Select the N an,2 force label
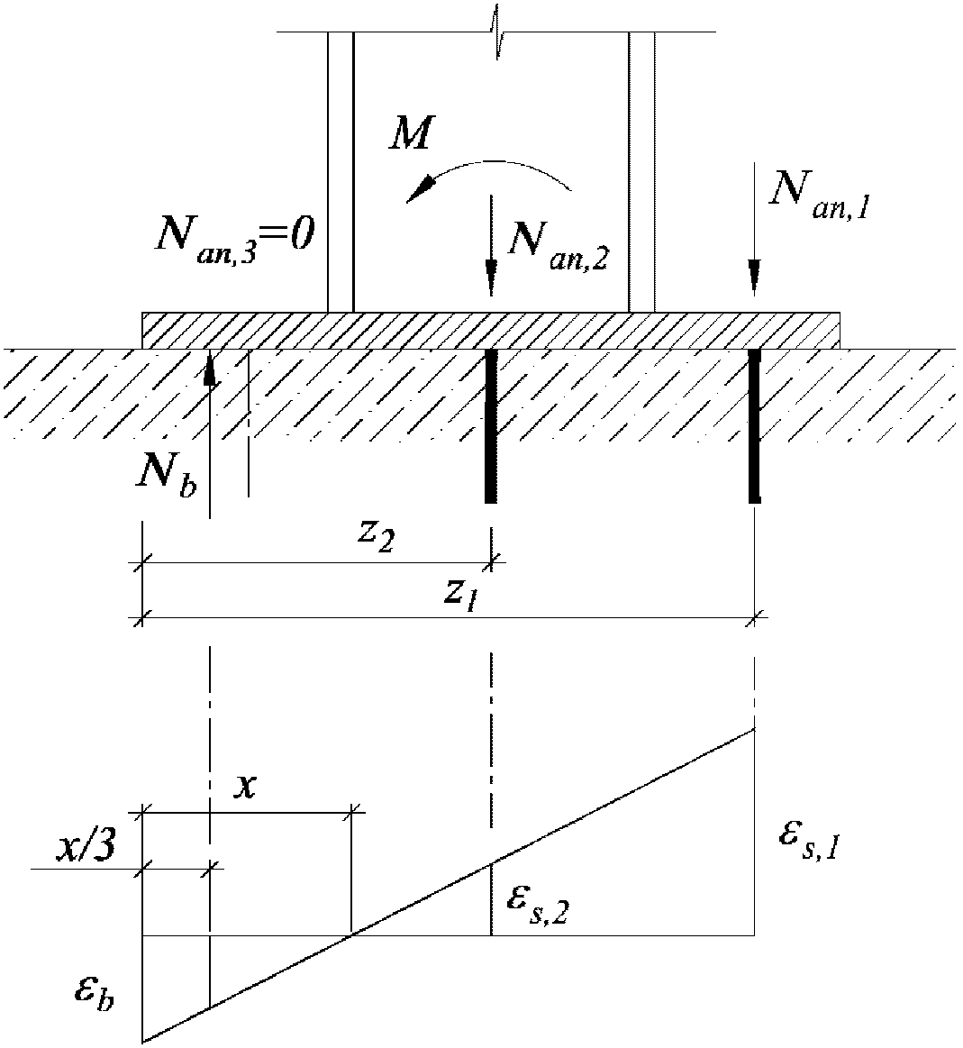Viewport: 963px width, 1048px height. [x=559, y=244]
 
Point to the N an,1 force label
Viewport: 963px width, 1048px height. [x=821, y=196]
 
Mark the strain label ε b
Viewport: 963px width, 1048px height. [x=95, y=993]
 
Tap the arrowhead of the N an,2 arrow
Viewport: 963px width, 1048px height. [x=491, y=278]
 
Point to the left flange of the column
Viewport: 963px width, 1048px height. [x=340, y=171]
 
